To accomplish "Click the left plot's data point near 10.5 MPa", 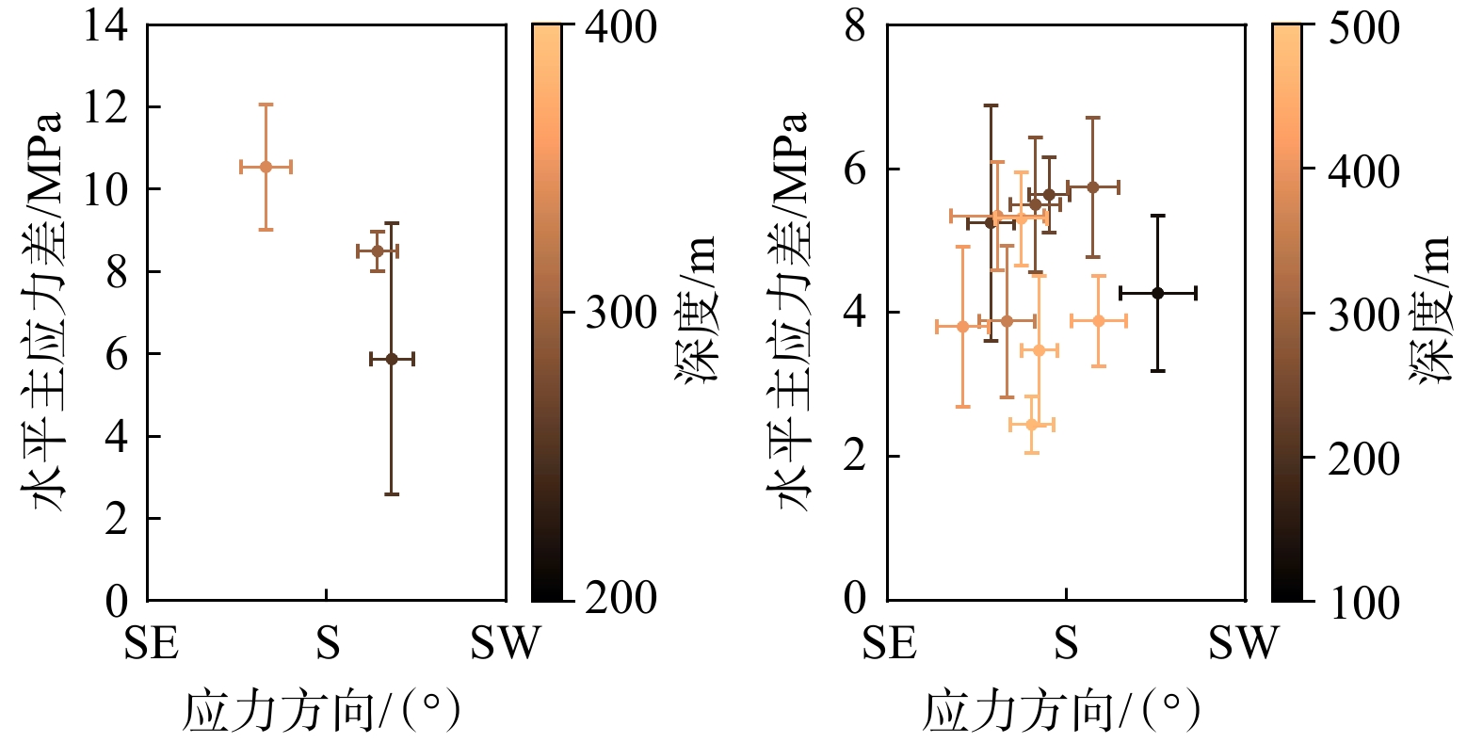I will pos(266,167).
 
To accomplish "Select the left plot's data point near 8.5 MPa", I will pos(378,250).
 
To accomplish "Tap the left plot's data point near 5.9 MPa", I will pos(392,359).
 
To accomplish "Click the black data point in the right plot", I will pos(1158,293).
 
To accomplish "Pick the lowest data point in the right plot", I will pos(1032,425).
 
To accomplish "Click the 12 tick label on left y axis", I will pos(105,107).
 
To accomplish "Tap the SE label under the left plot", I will pos(151,643).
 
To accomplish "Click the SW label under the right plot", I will pos(1244,643).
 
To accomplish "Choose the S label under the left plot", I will pos(327,643).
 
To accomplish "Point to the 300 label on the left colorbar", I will pos(621,313).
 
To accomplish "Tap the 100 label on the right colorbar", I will pos(1363,603).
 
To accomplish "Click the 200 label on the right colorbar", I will pos(1363,459).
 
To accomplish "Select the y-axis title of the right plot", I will pos(791,311).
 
